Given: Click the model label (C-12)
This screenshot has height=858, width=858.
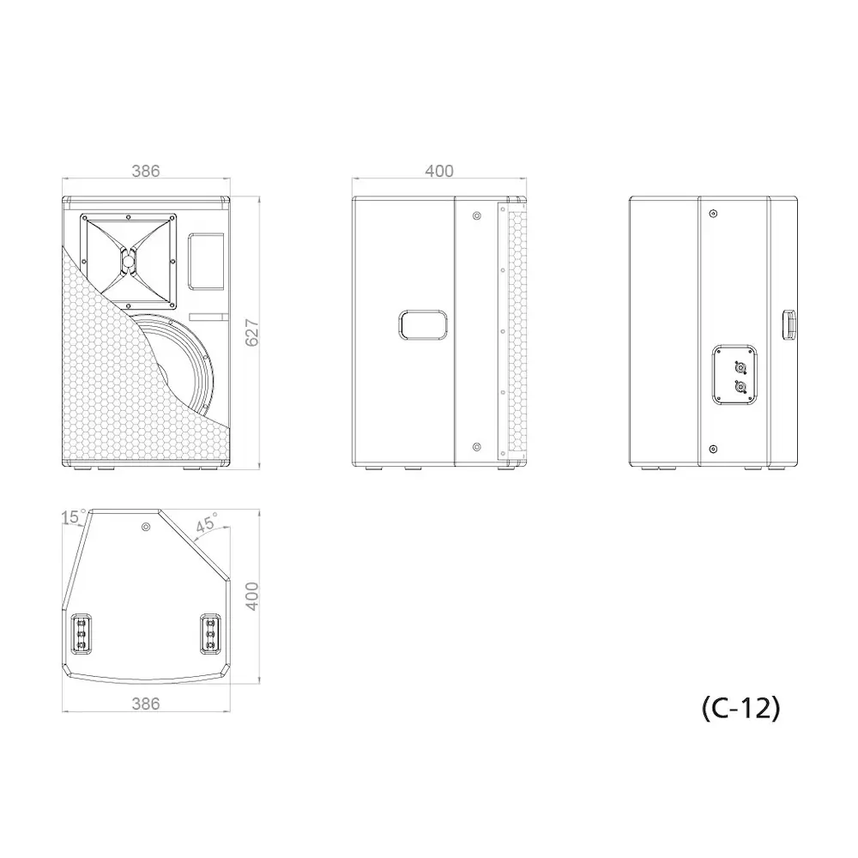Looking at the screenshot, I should point(740,708).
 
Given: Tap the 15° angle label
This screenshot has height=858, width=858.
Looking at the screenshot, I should point(73,517).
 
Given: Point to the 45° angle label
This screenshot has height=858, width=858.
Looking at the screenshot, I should point(207,523).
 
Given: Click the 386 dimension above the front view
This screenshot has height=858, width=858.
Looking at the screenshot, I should point(145,172).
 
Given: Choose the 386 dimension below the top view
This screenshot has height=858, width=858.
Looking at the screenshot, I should point(145,704).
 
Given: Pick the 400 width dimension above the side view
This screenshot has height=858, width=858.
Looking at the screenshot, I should point(439,172).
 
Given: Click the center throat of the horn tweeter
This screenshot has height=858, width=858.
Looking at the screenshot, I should point(129,260).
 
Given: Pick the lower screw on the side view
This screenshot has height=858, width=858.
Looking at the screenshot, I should point(477,446).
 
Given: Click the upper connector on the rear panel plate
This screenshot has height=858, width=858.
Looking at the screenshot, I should point(739,367).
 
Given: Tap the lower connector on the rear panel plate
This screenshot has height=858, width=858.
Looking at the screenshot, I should point(739,389).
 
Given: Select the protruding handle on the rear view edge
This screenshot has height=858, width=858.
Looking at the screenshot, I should point(787,326).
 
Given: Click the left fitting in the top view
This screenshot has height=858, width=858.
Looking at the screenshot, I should point(82,634).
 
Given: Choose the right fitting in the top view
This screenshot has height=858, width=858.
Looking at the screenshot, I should point(209,634).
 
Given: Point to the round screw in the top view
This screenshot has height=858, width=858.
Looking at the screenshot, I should point(146,526).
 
